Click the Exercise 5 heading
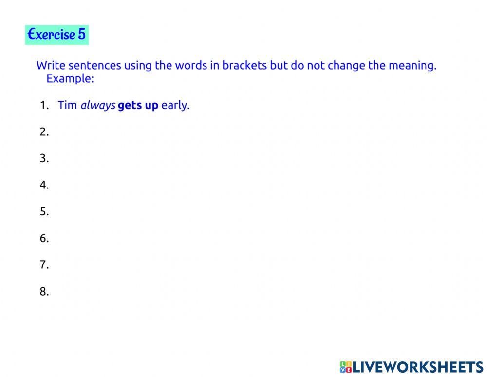(x=56, y=35)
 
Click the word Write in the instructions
(x=51, y=65)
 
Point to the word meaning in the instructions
(x=412, y=65)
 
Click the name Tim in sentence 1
(x=67, y=105)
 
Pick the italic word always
(x=97, y=105)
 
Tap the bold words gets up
(x=138, y=105)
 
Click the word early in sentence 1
(x=174, y=105)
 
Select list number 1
(x=44, y=105)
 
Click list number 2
(x=44, y=132)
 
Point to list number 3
(x=44, y=159)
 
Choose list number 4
(x=44, y=185)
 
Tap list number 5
(x=44, y=212)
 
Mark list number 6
(x=44, y=239)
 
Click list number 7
(x=44, y=265)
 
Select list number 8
(x=44, y=292)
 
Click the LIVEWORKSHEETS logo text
(x=417, y=367)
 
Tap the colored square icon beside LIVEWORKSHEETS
(x=346, y=367)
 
